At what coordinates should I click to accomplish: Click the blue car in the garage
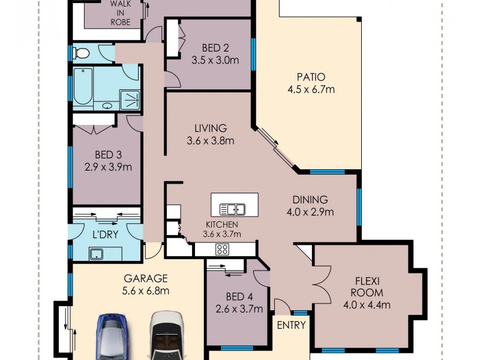pyautogui.click(x=112, y=336)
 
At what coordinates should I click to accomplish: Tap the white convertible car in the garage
pyautogui.click(x=167, y=336)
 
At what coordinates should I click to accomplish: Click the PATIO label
pyautogui.click(x=311, y=77)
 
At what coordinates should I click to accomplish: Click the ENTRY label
pyautogui.click(x=291, y=326)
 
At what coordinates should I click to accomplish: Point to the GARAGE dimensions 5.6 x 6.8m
pyautogui.click(x=146, y=292)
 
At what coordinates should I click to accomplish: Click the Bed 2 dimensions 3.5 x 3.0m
pyautogui.click(x=215, y=60)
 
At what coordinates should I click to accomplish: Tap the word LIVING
pyautogui.click(x=210, y=128)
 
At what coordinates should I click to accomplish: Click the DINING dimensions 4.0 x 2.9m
pyautogui.click(x=310, y=212)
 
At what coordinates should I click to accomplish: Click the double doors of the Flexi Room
pyautogui.click(x=323, y=284)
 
